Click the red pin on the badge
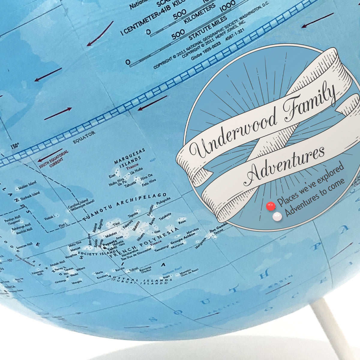[271, 206]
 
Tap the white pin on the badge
[277, 217]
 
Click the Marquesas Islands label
[130, 156]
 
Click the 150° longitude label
[14, 147]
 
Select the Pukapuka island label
[164, 200]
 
